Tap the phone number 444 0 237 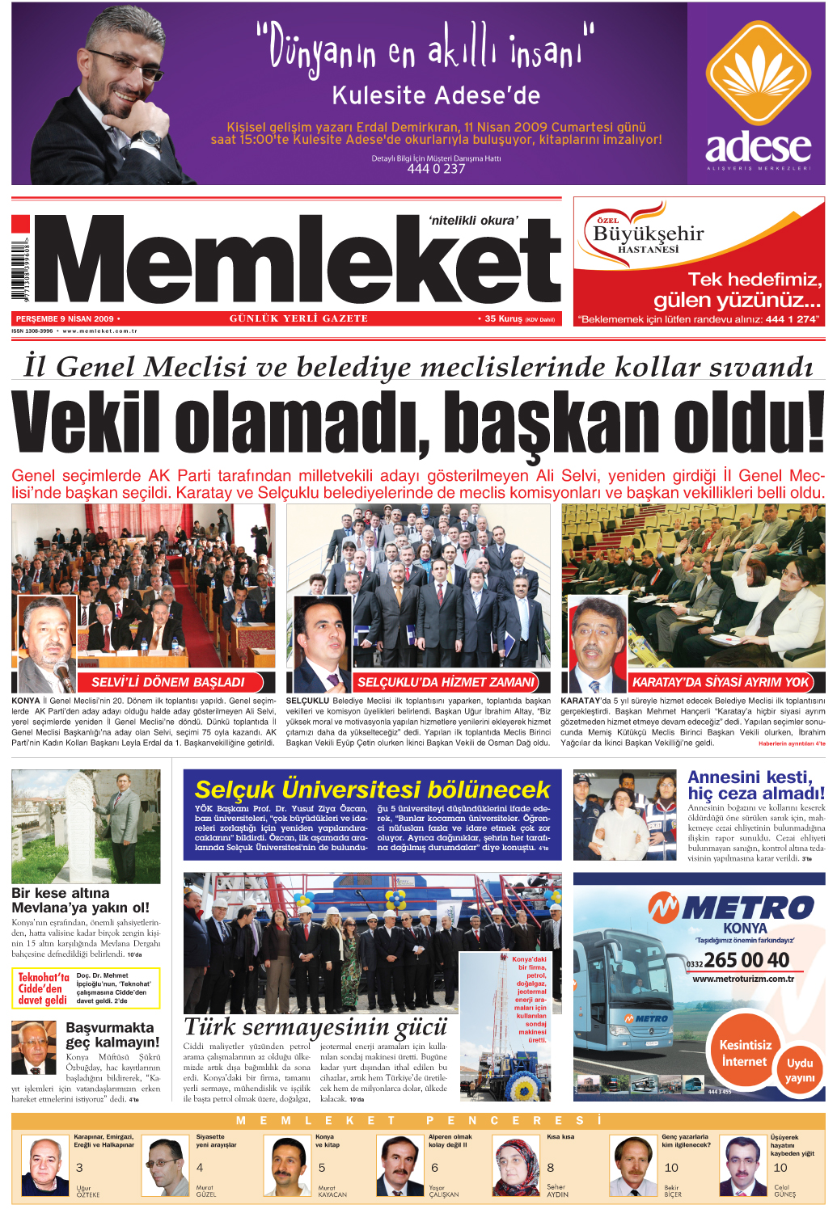[436, 169]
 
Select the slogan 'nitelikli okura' [473, 220]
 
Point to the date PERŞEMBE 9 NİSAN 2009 [65, 319]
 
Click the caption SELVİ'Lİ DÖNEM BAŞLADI [167, 682]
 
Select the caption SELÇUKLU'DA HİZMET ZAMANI [446, 682]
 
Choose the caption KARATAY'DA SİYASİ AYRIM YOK [720, 682]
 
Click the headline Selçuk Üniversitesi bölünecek [372, 790]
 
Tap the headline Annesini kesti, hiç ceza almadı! [755, 786]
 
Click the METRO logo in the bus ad [731, 908]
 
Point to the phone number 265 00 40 [746, 960]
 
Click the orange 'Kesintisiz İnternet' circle [744, 1054]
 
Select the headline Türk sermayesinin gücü [315, 1027]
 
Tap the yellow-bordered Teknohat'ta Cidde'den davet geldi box [86, 988]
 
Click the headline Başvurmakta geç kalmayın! [112, 1035]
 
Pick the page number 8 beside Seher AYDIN [551, 1168]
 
